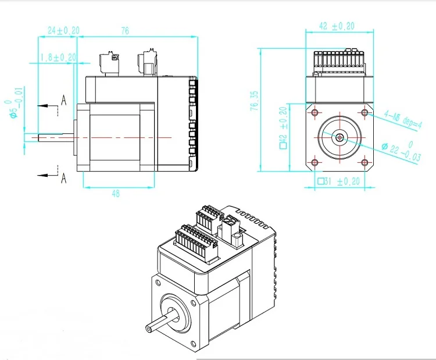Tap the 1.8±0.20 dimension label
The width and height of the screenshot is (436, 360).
tap(58, 57)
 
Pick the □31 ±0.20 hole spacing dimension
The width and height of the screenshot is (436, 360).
tap(339, 181)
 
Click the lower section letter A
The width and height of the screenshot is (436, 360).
tap(63, 179)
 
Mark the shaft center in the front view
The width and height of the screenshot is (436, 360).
tap(339, 137)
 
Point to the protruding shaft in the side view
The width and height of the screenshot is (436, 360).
tap(56, 138)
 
